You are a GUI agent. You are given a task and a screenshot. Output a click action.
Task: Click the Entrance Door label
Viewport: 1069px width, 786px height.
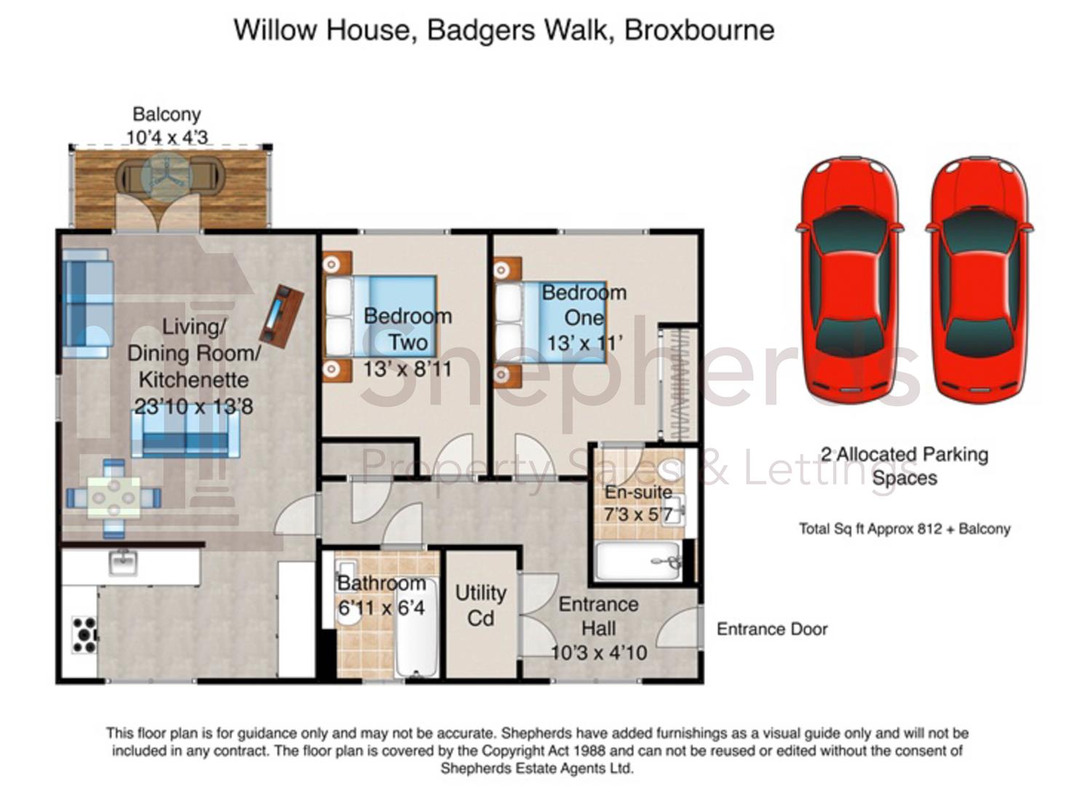point(772,630)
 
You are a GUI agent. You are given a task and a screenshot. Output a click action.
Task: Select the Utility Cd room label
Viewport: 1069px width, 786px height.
point(480,606)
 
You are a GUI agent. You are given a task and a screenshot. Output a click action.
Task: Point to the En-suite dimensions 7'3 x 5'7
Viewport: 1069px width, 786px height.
point(638,515)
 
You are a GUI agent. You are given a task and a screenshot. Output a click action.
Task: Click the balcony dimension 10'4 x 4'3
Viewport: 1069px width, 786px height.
point(167,138)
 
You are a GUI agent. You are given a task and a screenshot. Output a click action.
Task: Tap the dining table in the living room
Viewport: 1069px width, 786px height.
point(114,498)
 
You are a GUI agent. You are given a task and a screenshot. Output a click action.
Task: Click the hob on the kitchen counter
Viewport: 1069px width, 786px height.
point(84,634)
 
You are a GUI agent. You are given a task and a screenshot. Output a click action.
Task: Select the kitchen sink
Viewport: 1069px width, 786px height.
point(124,563)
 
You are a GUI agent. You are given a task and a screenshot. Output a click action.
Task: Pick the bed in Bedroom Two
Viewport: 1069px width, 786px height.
point(381,316)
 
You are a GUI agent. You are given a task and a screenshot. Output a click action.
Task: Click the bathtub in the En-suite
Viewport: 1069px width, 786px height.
point(638,561)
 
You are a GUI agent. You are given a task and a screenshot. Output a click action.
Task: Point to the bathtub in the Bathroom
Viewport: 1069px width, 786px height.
point(417,627)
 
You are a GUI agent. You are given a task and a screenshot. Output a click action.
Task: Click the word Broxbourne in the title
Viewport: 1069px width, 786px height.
point(699,30)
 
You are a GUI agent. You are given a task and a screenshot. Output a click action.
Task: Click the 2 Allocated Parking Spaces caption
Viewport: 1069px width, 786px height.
point(905,466)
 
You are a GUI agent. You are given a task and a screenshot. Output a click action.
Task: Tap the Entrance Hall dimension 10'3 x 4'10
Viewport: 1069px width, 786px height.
point(599,653)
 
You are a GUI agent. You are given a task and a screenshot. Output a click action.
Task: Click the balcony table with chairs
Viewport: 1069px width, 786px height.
point(169,178)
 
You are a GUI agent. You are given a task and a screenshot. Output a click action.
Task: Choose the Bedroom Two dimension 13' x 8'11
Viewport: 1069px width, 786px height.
point(407,369)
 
